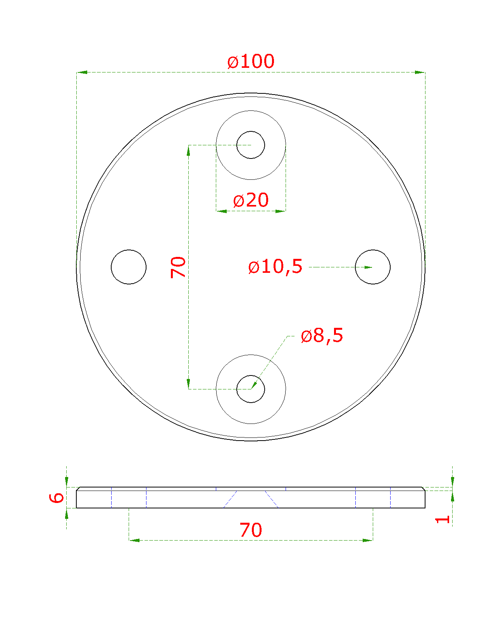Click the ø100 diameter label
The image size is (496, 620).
[x=250, y=61]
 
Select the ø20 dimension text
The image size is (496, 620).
[x=250, y=200]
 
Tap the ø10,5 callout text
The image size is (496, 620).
[x=275, y=266]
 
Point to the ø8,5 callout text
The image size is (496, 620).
[x=322, y=335]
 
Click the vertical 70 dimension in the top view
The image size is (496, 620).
[x=178, y=267]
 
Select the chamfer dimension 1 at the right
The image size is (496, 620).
[x=443, y=520]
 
